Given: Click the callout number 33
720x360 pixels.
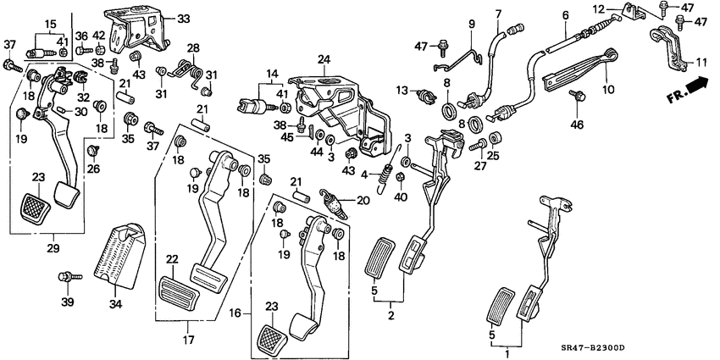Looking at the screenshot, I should (184, 19).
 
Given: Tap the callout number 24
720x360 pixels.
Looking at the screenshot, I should (323, 59).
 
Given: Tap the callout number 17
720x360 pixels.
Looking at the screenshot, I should (188, 341).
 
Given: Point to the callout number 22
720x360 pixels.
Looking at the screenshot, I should (173, 259).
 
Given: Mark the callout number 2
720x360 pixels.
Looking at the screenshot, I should (390, 315).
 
